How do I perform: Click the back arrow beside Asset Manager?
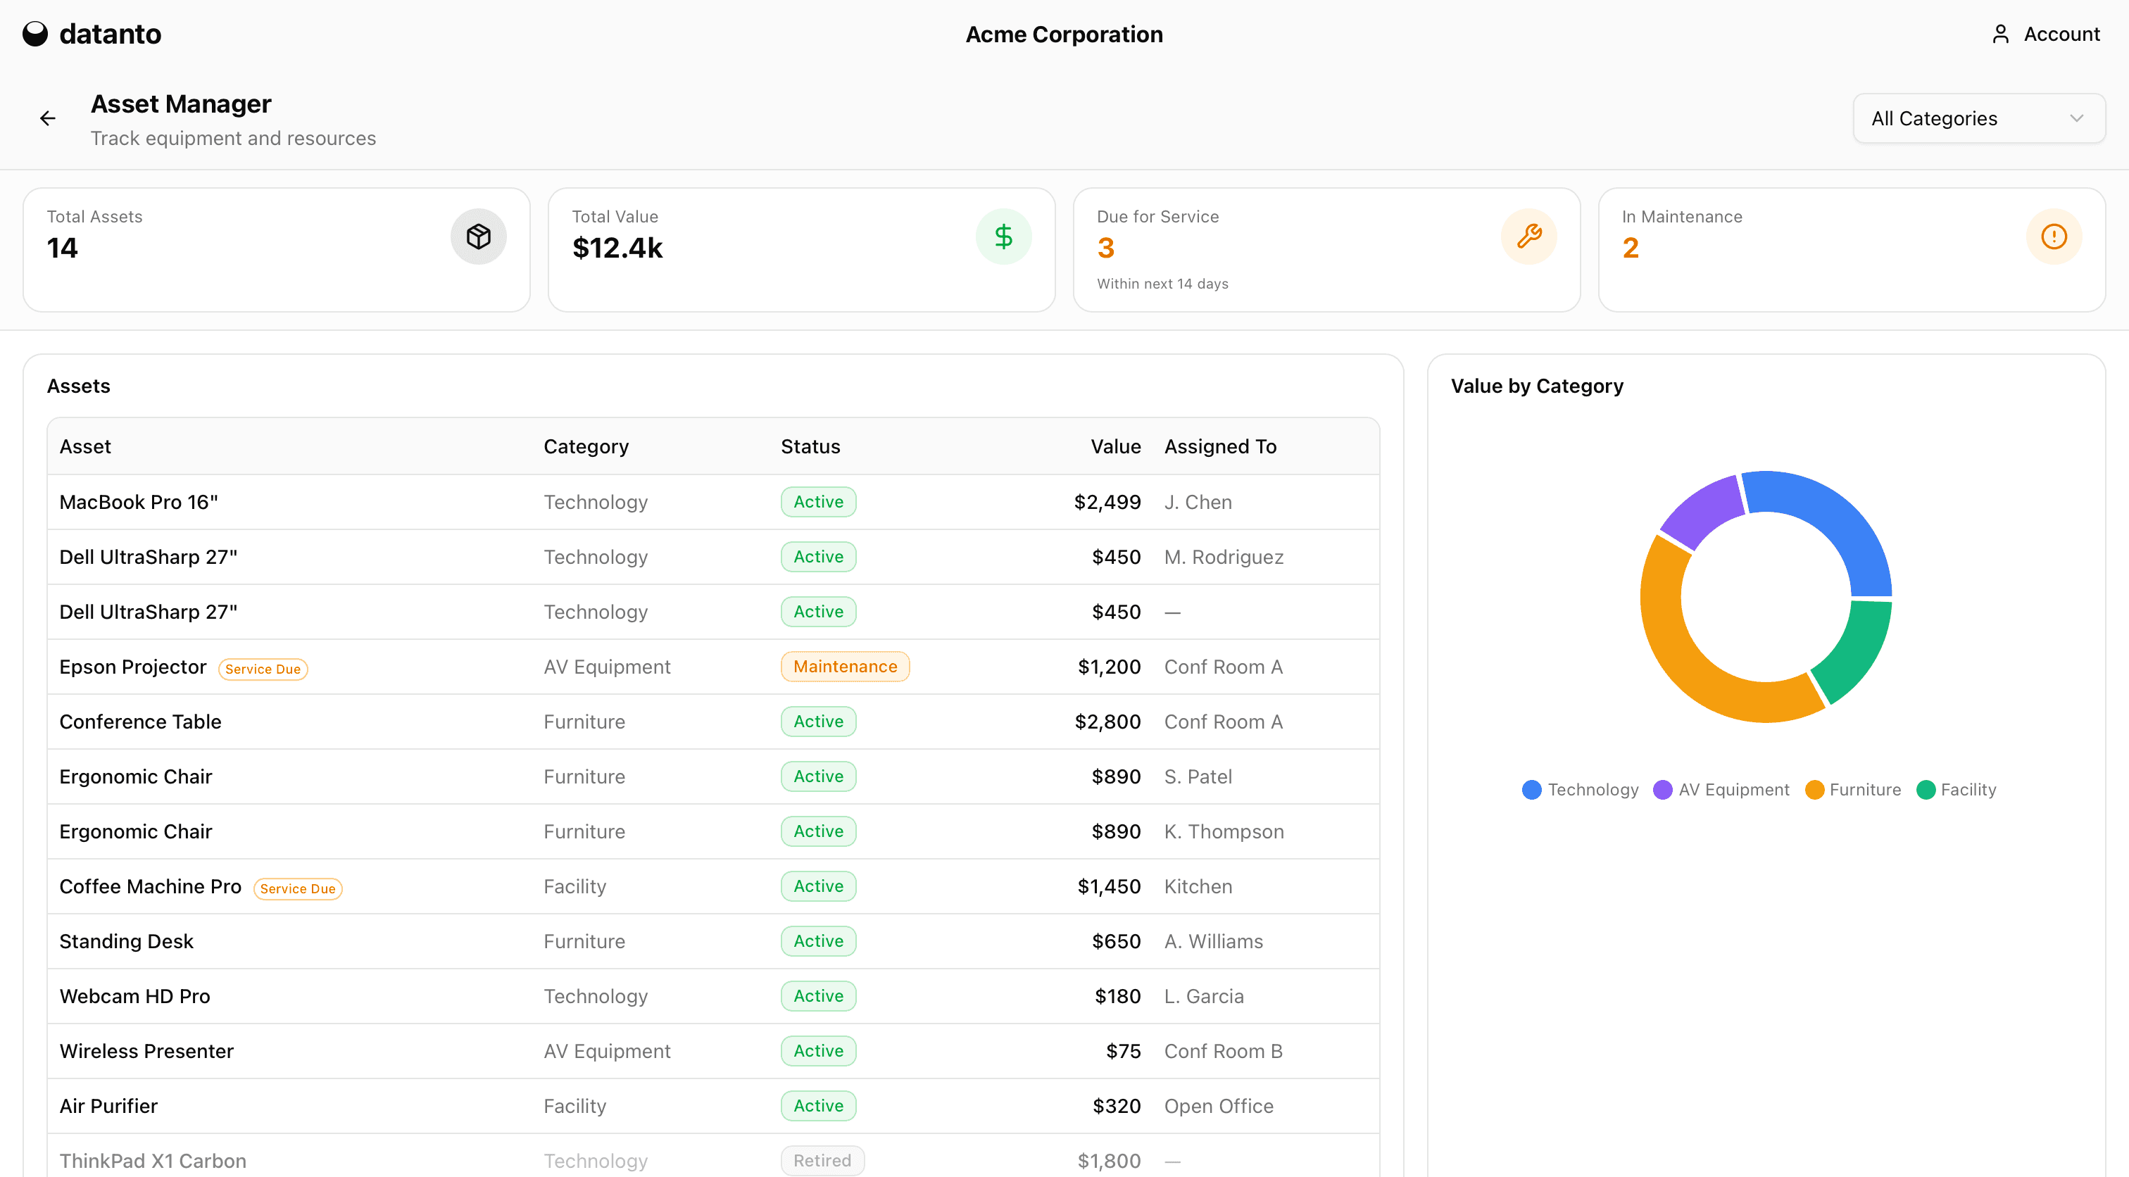48,119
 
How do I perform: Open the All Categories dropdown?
1978,119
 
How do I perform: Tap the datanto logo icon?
34,34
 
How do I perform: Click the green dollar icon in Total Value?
1003,237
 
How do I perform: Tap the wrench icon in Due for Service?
1528,237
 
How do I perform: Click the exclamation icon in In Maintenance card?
2053,237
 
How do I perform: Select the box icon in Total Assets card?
479,237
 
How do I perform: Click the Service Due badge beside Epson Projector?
263,669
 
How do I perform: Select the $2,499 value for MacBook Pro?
1107,503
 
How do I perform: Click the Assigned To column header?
1220,447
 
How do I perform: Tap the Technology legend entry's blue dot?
1531,790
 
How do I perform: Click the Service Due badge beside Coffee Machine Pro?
298,888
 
